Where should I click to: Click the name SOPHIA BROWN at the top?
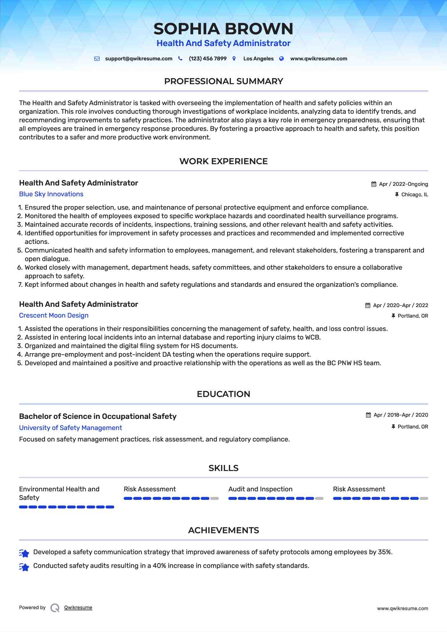point(223,29)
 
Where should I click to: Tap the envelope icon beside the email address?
point(97,59)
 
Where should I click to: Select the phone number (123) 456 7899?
point(207,59)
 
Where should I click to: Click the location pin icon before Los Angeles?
point(234,59)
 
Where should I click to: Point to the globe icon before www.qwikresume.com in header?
point(281,59)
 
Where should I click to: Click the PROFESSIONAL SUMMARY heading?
point(223,81)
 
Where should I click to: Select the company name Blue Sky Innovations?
point(51,194)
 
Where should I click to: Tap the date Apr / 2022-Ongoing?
point(403,184)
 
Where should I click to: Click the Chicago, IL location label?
point(414,195)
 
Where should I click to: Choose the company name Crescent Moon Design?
point(54,315)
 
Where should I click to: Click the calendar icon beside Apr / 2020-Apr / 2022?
point(368,306)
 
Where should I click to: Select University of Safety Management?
point(71,428)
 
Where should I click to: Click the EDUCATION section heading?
point(223,394)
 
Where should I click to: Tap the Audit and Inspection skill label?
point(260,489)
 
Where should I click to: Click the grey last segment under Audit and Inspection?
point(319,498)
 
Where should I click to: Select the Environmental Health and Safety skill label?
point(59,493)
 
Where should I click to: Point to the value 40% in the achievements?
point(159,566)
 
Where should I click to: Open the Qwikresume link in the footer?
point(78,608)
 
